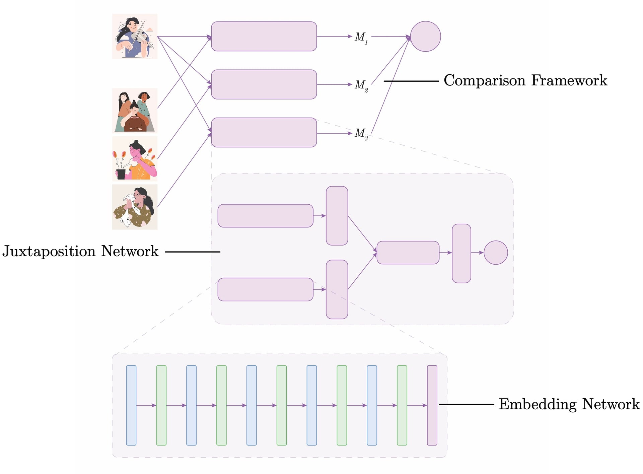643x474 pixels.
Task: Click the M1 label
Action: [x=361, y=37]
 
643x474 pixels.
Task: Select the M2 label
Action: [x=361, y=85]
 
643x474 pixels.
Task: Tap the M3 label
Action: [x=361, y=133]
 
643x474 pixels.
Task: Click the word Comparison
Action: [x=484, y=81]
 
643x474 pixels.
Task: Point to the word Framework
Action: [x=569, y=80]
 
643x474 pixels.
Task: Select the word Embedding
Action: [x=538, y=404]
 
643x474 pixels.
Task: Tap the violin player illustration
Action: [x=135, y=36]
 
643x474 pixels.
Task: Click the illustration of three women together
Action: [x=135, y=111]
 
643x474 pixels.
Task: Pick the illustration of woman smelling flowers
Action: [x=135, y=159]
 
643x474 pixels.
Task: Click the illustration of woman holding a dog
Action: [x=135, y=207]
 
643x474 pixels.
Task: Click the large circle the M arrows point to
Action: [x=425, y=37]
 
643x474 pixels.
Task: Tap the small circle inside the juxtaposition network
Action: [x=496, y=253]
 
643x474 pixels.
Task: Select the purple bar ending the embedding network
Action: [x=432, y=405]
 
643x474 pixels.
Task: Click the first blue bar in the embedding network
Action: [x=131, y=405]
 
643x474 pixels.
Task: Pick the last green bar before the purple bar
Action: [x=402, y=405]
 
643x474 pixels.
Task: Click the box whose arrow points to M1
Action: [x=264, y=37]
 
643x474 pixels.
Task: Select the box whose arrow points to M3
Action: [x=264, y=133]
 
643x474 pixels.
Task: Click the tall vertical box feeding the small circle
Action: [x=461, y=254]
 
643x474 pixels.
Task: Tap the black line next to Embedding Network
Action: [x=466, y=405]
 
